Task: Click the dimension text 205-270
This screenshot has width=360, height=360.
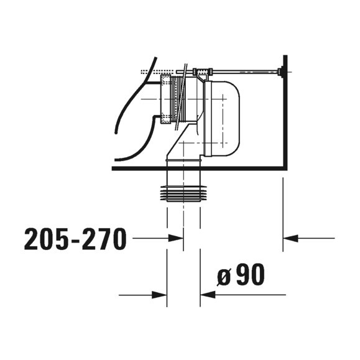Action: [x=75, y=238]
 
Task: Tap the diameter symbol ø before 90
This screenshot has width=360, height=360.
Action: [x=224, y=275]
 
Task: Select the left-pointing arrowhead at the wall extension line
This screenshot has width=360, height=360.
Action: [x=290, y=238]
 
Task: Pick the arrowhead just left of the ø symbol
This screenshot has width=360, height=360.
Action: [x=208, y=295]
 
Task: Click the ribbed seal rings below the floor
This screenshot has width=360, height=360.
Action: [x=183, y=194]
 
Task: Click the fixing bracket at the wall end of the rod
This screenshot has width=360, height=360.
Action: [x=283, y=73]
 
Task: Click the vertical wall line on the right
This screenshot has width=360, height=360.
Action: [x=285, y=112]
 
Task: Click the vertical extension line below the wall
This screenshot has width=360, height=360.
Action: [x=283, y=211]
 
